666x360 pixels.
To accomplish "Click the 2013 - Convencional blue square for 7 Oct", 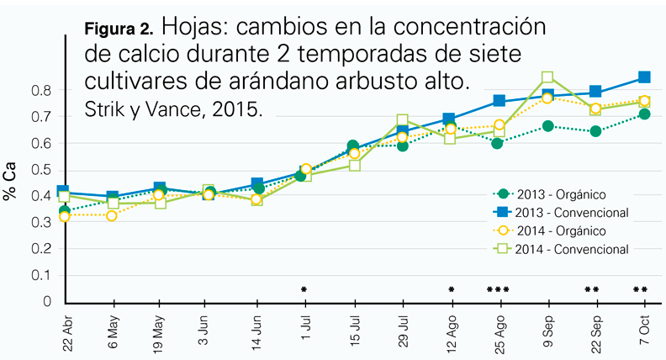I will pyautogui.click(x=643, y=77).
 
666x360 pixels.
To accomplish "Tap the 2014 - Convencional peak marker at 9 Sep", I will pyautogui.click(x=547, y=78).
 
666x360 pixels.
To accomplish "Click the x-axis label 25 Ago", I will pyautogui.click(x=500, y=332).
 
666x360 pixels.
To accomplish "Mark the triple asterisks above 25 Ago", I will pyautogui.click(x=499, y=290).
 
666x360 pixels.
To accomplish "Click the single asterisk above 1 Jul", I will pyautogui.click(x=304, y=290).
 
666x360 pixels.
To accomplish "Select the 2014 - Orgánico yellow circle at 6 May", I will pyautogui.click(x=113, y=216).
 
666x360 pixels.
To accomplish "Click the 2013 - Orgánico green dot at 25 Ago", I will pyautogui.click(x=498, y=143).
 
